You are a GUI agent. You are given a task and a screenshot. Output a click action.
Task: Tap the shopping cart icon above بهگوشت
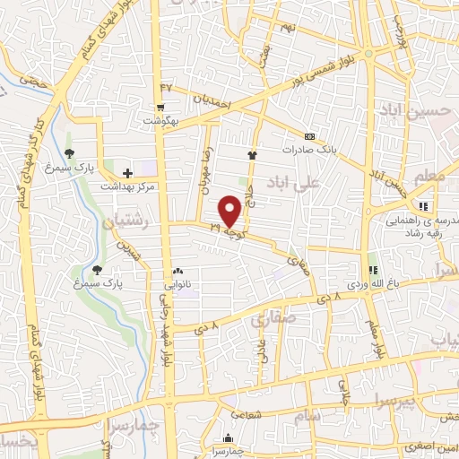coord(159,106)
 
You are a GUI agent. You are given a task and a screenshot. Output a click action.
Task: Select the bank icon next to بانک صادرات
coord(309,136)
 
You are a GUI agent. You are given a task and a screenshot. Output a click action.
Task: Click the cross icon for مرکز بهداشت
coord(127,172)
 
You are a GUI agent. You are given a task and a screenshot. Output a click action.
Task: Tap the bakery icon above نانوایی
coord(177,270)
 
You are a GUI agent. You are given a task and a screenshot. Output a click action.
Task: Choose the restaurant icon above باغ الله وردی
coord(372,269)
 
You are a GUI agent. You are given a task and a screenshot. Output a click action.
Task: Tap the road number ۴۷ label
coord(165,86)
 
